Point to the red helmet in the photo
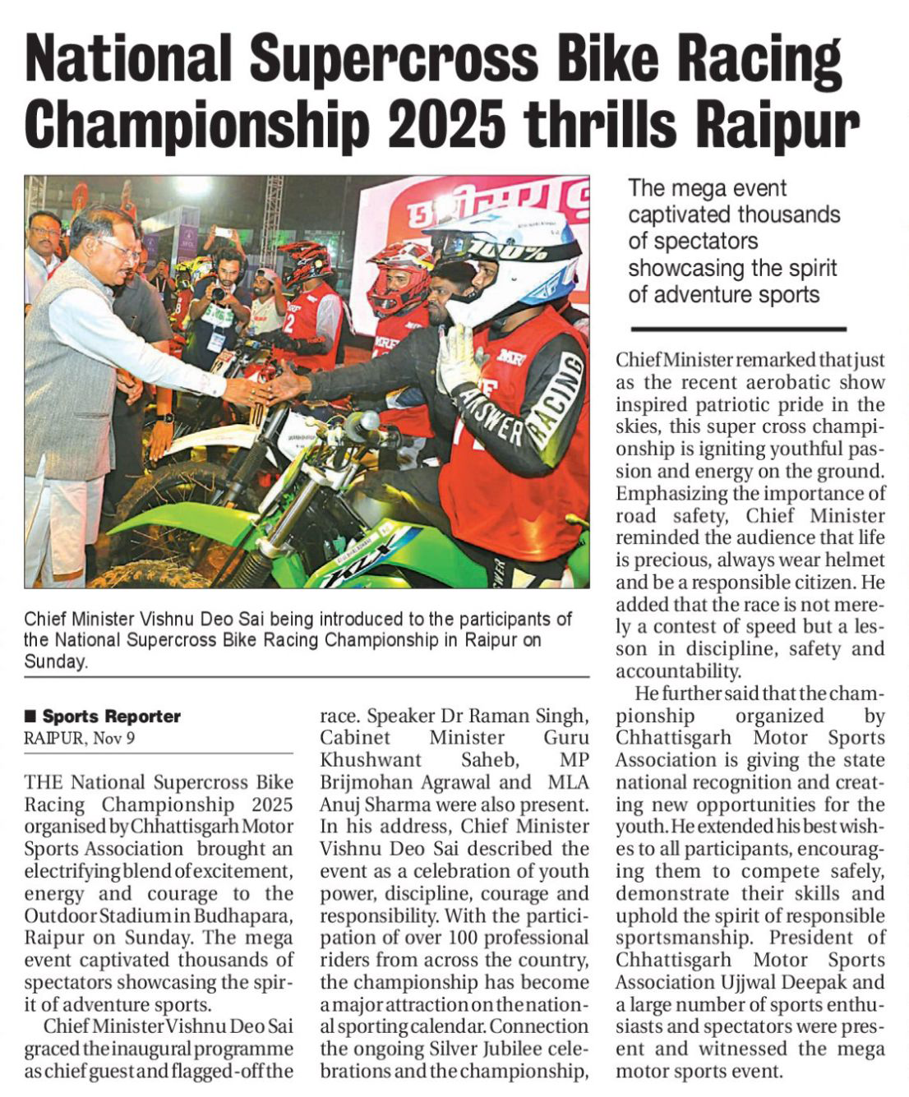point(399,275)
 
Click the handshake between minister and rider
point(267,386)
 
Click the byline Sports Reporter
point(111,716)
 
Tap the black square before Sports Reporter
point(31,716)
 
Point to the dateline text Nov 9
point(114,737)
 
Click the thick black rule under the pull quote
point(737,329)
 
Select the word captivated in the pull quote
point(683,214)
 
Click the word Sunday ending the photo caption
point(54,661)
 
